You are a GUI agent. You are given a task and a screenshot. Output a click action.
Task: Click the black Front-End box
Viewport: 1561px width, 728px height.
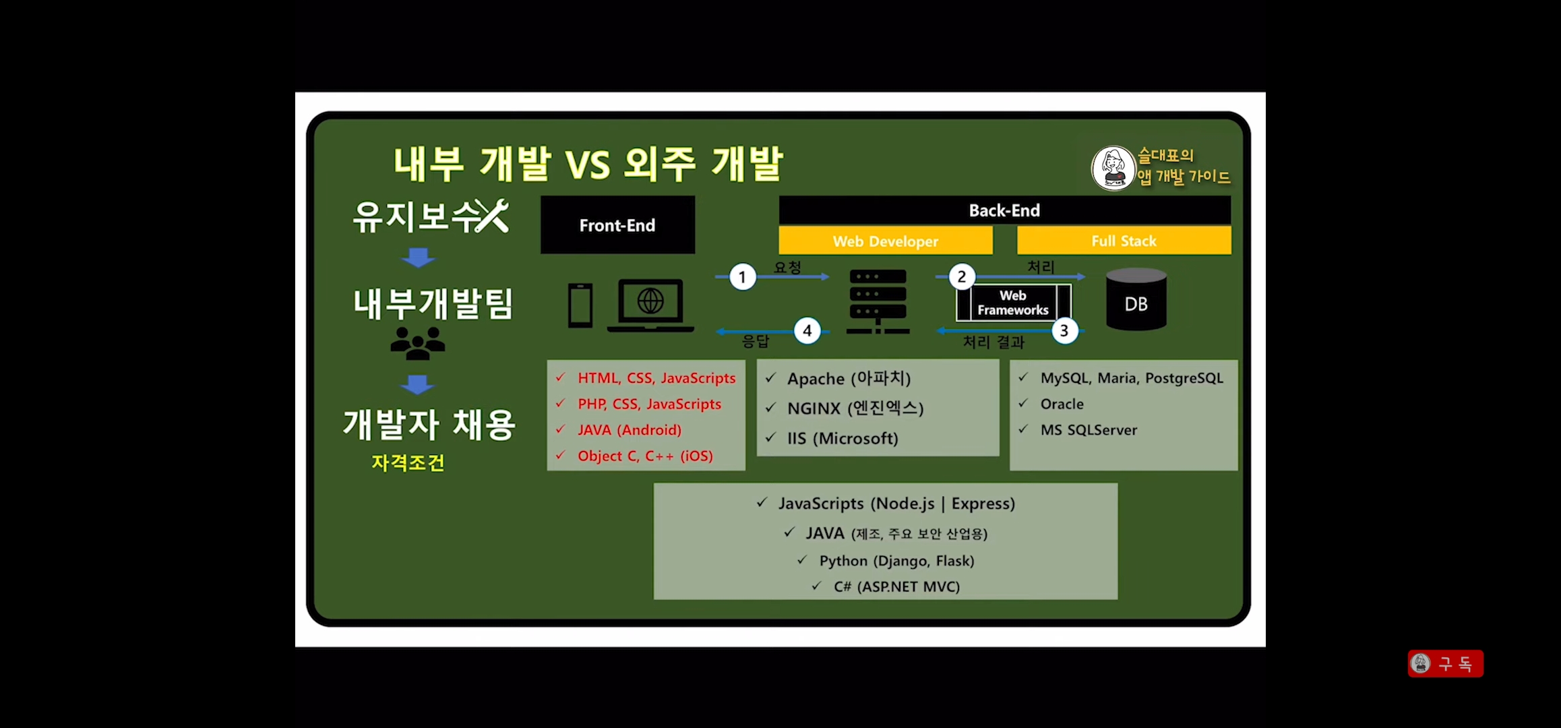point(617,225)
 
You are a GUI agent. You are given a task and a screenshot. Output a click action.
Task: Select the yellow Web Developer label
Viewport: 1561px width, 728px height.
point(885,241)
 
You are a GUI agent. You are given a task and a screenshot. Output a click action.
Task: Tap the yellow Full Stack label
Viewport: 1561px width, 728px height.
point(1124,241)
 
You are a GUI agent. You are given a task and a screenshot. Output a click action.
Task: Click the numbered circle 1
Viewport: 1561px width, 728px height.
point(742,277)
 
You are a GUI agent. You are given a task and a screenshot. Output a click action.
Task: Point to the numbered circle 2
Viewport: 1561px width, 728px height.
point(962,276)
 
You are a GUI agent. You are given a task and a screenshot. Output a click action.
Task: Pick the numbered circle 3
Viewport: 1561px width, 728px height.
point(1064,331)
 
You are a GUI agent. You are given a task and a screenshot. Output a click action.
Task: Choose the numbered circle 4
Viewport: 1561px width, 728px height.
point(807,331)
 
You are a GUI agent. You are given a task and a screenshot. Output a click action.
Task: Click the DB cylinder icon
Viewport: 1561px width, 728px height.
point(1136,300)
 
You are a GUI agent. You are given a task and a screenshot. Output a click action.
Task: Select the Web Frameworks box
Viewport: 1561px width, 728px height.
point(1013,303)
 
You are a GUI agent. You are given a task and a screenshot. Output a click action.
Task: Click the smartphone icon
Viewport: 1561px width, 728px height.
point(580,305)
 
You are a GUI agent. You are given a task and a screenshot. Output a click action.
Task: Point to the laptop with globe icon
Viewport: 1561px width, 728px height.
point(650,305)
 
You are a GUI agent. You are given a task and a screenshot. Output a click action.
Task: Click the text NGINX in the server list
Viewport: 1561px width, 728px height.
point(814,408)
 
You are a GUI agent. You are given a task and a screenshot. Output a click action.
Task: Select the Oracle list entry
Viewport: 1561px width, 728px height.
point(1062,404)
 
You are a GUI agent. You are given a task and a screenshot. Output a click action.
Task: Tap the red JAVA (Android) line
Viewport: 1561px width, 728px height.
point(629,430)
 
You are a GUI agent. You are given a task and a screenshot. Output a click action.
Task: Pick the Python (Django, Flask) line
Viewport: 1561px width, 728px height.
point(896,561)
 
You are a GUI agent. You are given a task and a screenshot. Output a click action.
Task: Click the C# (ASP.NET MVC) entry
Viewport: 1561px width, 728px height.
point(896,586)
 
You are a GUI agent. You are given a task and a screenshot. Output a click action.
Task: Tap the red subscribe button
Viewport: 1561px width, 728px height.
point(1445,664)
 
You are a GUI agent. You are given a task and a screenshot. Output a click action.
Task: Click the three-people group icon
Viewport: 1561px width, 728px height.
point(418,343)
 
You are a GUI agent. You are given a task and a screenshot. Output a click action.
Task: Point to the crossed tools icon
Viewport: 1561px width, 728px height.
point(492,216)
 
